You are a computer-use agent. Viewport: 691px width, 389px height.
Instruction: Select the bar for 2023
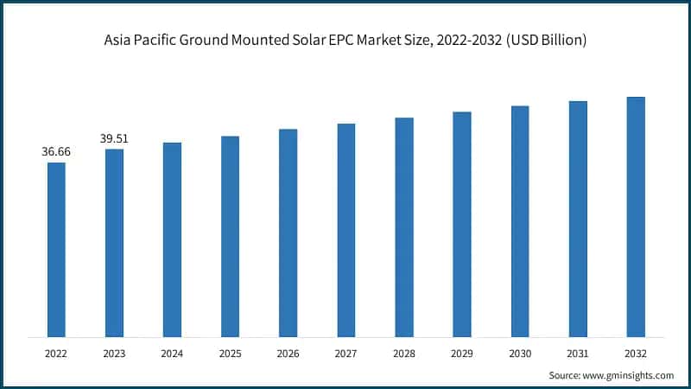pos(114,243)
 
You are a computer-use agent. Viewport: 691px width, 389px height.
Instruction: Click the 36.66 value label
pos(56,151)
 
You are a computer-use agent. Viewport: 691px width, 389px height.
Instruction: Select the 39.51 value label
pos(114,138)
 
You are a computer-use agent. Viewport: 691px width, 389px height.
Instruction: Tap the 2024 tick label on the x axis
pos(172,353)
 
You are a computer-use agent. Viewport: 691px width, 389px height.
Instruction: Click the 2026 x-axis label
pos(288,353)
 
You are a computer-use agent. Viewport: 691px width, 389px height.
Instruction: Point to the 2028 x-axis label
pos(403,353)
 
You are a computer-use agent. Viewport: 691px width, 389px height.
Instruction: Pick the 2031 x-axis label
pos(577,353)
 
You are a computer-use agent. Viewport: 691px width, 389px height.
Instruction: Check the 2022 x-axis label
pos(56,353)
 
